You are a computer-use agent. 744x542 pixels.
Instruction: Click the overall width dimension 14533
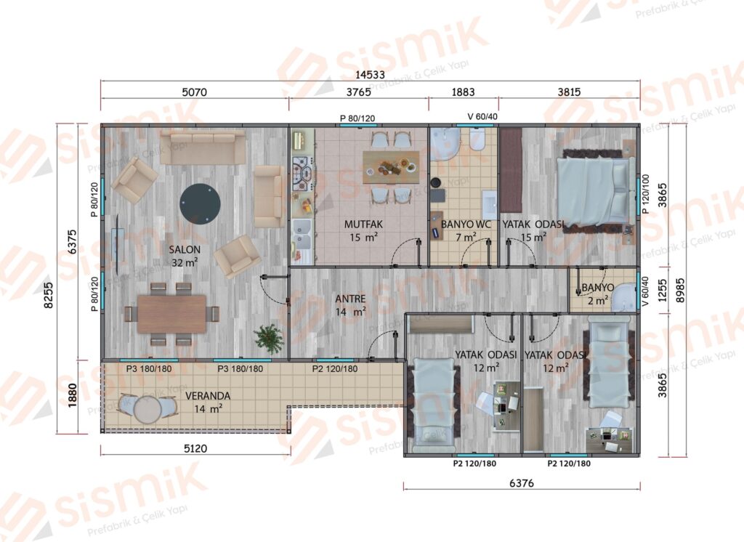tap(370, 75)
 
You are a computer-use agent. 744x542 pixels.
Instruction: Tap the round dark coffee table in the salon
tap(200, 204)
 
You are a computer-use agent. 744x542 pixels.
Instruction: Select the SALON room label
tap(185, 249)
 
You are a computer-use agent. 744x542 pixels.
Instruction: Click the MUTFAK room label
tap(363, 224)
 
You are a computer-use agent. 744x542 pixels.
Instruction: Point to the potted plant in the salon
tap(268, 338)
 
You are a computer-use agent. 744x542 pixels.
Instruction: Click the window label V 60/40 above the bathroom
tap(482, 116)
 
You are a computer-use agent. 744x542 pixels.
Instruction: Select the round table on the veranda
tap(147, 408)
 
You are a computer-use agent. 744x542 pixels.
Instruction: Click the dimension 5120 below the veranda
tap(195, 448)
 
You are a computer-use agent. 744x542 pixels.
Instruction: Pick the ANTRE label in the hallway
tap(350, 299)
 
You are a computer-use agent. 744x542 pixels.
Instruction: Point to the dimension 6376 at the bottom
tap(522, 482)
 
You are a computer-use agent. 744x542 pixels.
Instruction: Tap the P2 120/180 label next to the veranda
tap(335, 369)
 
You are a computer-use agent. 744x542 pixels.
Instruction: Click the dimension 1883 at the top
tap(463, 92)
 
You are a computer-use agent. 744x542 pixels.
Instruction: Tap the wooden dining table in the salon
tap(171, 314)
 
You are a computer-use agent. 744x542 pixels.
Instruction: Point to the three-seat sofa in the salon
tap(202, 147)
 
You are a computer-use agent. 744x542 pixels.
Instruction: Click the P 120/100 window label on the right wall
tap(645, 194)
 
